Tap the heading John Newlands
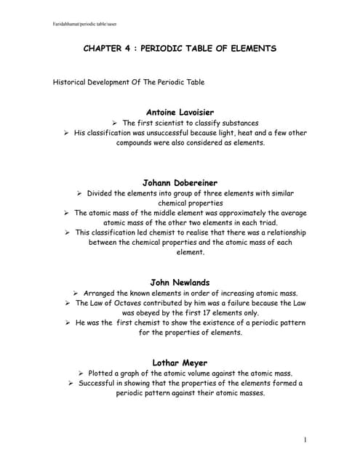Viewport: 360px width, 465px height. coord(180,282)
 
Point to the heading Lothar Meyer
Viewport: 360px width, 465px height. coord(180,361)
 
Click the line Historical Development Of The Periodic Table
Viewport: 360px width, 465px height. coord(129,82)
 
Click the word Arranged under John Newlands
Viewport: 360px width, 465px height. coord(103,293)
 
